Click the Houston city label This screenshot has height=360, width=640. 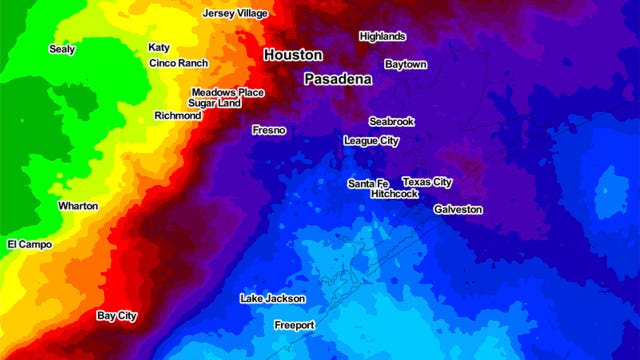point(293,55)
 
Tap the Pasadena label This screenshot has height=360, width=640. point(338,78)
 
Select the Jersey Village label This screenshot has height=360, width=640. point(237,14)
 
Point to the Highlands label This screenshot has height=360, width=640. point(382,36)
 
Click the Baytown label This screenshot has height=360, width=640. point(405,64)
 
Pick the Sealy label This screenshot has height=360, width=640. point(62,48)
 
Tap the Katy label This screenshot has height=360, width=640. point(159,47)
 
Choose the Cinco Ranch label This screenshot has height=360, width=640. point(178,63)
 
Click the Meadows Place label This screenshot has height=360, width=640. point(228,92)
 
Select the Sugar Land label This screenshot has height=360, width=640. point(214,103)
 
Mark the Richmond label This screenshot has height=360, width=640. point(178,116)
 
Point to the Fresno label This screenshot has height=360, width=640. point(269,130)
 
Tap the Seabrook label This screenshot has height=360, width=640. point(391,121)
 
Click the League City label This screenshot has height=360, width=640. point(371,141)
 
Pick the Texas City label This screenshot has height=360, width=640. point(427,182)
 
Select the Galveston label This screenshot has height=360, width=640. point(458,210)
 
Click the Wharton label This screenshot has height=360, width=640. point(78,206)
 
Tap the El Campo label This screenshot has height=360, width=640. point(28,244)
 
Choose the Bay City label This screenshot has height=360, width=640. point(116,316)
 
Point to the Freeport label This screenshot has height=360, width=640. point(294,326)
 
